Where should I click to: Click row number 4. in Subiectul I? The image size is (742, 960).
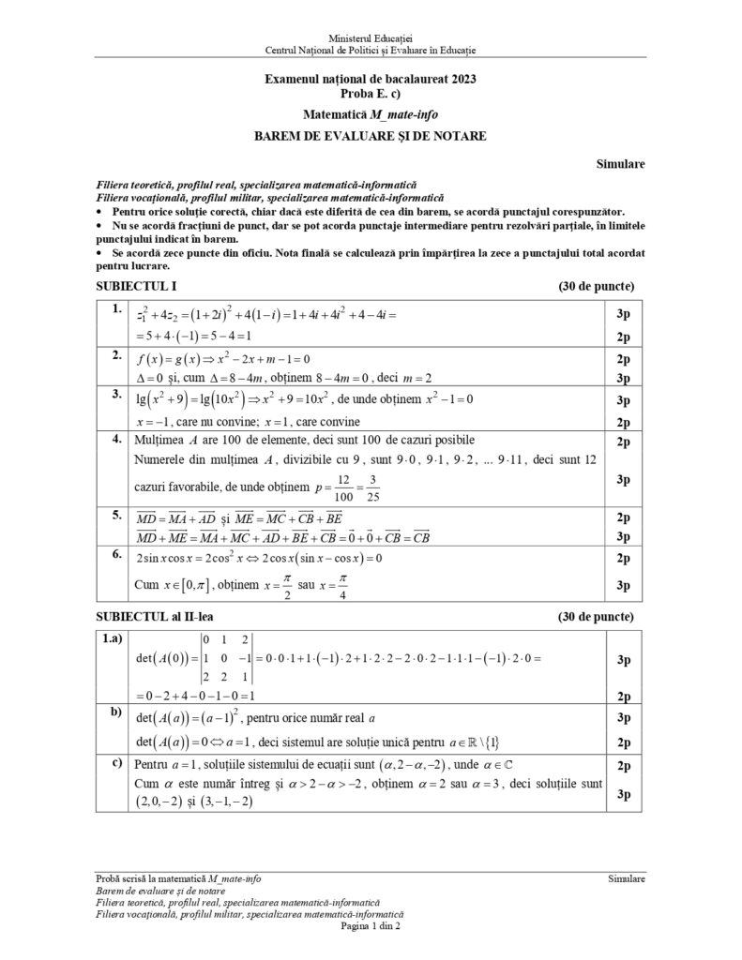click(x=115, y=439)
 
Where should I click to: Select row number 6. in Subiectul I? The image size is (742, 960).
click(x=115, y=554)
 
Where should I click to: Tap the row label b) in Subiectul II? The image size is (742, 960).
click(x=116, y=712)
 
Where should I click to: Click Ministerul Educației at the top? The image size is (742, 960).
click(x=370, y=35)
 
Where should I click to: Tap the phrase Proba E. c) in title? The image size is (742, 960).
click(x=370, y=94)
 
